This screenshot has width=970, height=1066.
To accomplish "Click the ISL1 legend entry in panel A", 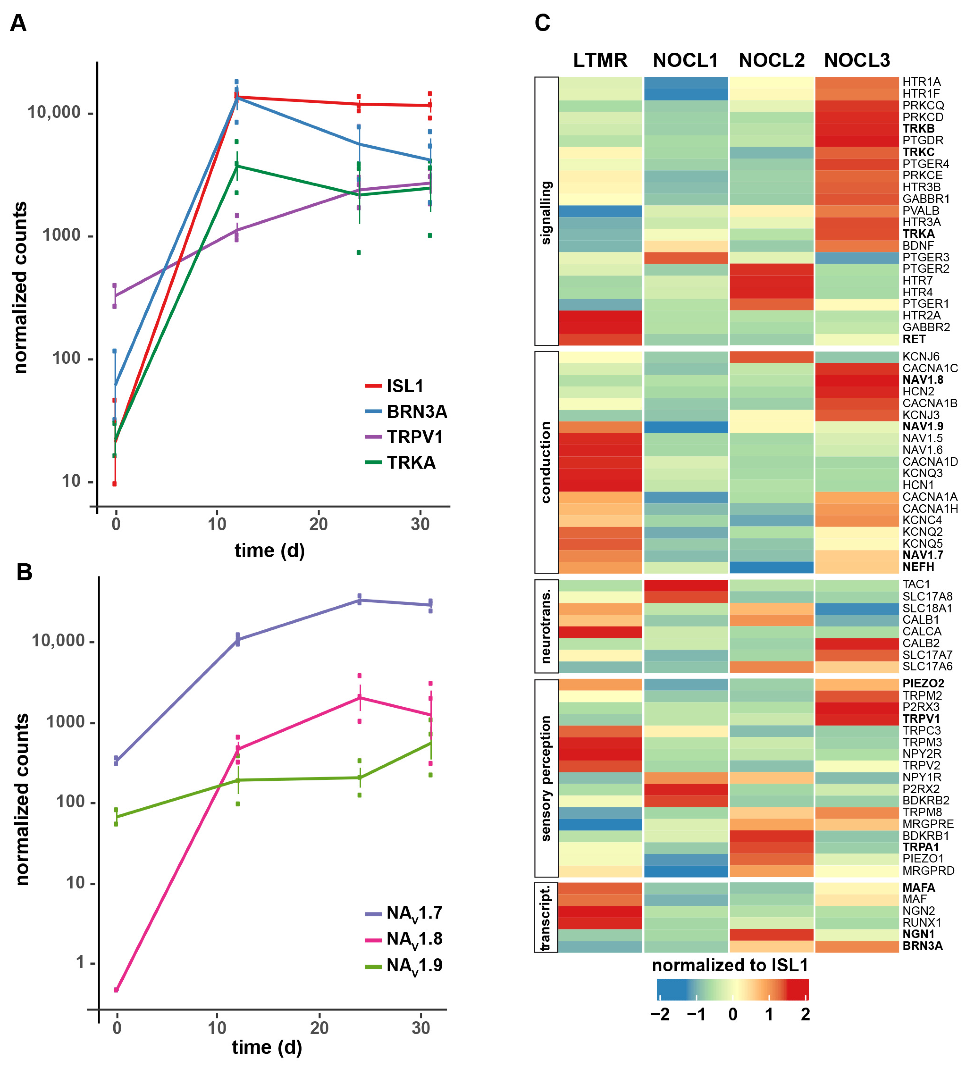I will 405,386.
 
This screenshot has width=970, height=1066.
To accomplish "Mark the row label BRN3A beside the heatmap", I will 922,946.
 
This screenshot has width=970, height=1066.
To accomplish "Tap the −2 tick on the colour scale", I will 660,1014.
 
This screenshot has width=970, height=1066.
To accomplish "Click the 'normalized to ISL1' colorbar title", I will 730,965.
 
